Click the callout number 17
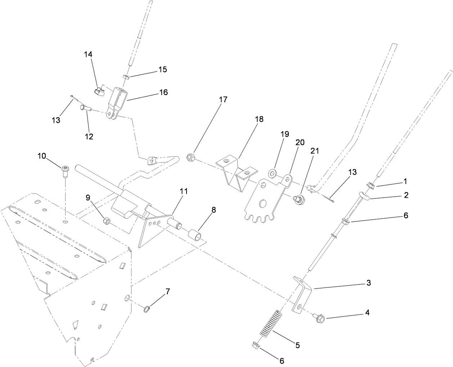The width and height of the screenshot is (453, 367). coord(223,99)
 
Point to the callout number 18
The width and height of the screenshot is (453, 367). coord(259,119)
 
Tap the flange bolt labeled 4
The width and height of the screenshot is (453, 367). coord(319,318)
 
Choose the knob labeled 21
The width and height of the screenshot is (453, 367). coord(299,198)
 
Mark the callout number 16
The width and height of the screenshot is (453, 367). coord(163,92)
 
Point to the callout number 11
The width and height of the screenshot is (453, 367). coord(184,191)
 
